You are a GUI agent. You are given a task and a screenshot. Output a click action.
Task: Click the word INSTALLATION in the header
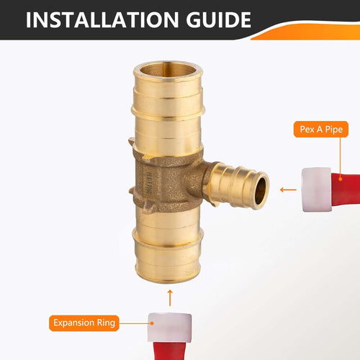point(102,19)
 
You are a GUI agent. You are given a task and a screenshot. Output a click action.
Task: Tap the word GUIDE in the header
point(218,19)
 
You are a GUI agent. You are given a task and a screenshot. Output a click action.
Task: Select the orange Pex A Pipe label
point(321,130)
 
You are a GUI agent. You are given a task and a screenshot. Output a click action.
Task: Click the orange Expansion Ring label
point(84,323)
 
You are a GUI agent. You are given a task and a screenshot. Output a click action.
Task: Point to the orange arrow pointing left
point(288,190)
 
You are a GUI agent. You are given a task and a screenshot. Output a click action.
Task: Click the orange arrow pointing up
point(170,298)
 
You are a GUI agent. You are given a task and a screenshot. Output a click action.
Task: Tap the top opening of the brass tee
point(168,70)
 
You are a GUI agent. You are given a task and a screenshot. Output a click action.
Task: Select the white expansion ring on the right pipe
point(316,189)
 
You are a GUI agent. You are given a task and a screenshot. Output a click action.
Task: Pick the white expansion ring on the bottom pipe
point(170,328)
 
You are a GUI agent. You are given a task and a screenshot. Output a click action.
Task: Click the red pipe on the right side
point(346,189)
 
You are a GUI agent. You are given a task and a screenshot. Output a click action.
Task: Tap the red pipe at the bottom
point(169,351)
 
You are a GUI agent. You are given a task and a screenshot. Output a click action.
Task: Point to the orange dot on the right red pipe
point(340,179)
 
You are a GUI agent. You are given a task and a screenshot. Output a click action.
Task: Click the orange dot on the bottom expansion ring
point(152,323)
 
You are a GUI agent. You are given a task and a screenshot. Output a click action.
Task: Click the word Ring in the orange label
point(106,323)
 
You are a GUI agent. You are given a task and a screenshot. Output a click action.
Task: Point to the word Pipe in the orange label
point(334,130)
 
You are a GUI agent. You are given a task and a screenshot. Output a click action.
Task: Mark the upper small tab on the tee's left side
point(131,141)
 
